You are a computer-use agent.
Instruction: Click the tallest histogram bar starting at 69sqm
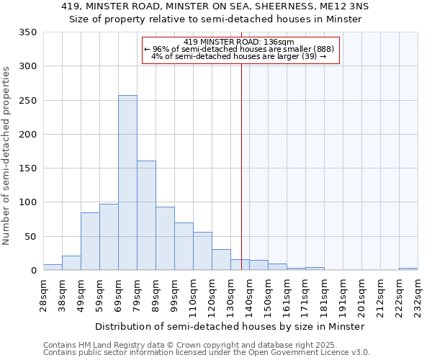(127, 183)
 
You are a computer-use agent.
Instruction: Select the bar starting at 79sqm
(146, 215)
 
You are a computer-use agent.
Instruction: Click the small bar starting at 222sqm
(408, 269)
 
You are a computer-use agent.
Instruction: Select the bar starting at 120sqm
(221, 260)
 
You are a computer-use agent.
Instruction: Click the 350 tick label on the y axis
(27, 32)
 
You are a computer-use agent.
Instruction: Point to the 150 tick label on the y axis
(27, 168)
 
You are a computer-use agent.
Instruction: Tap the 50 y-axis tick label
(30, 237)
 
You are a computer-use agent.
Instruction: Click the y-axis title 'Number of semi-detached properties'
(6, 155)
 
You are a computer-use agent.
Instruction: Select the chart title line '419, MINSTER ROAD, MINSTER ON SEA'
(215, 6)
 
